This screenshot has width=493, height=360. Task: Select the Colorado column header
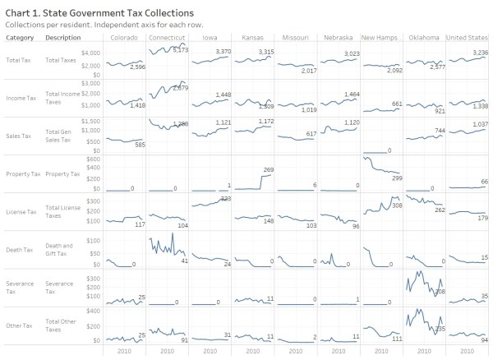[125, 37]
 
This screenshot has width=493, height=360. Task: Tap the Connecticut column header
[168, 37]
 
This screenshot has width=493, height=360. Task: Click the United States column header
[467, 37]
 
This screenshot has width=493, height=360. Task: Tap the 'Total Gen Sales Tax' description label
[60, 136]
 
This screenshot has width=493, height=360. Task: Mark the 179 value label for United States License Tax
[482, 218]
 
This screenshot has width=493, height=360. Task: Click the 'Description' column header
[62, 37]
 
